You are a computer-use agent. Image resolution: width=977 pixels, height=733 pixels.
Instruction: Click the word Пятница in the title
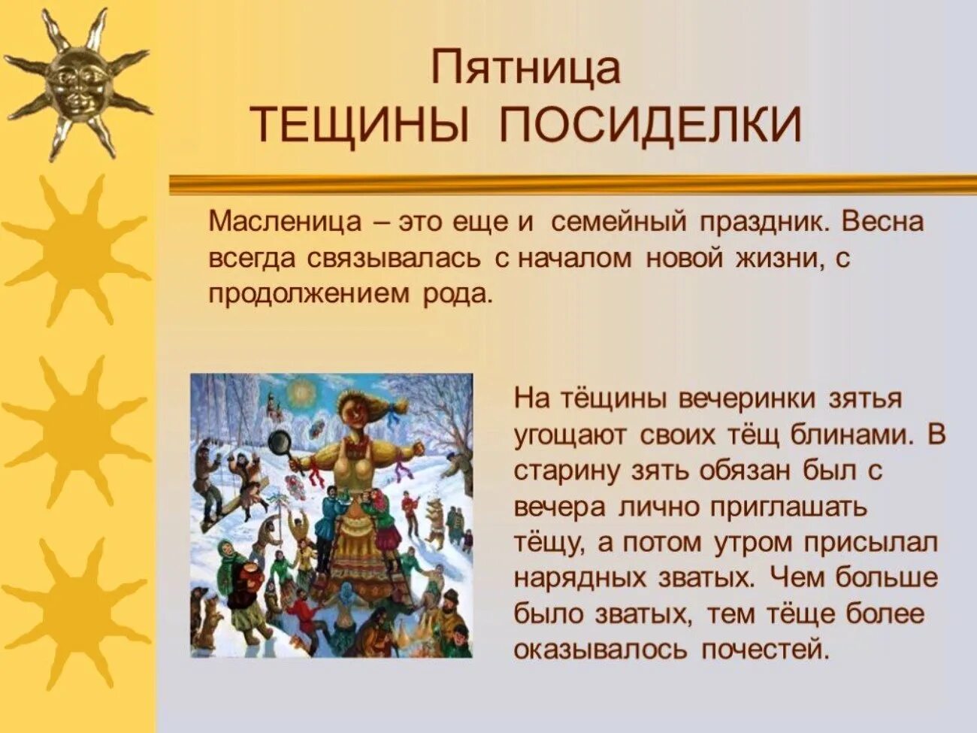[x=525, y=68]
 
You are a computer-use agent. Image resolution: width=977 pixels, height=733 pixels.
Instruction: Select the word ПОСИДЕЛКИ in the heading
[x=651, y=125]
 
